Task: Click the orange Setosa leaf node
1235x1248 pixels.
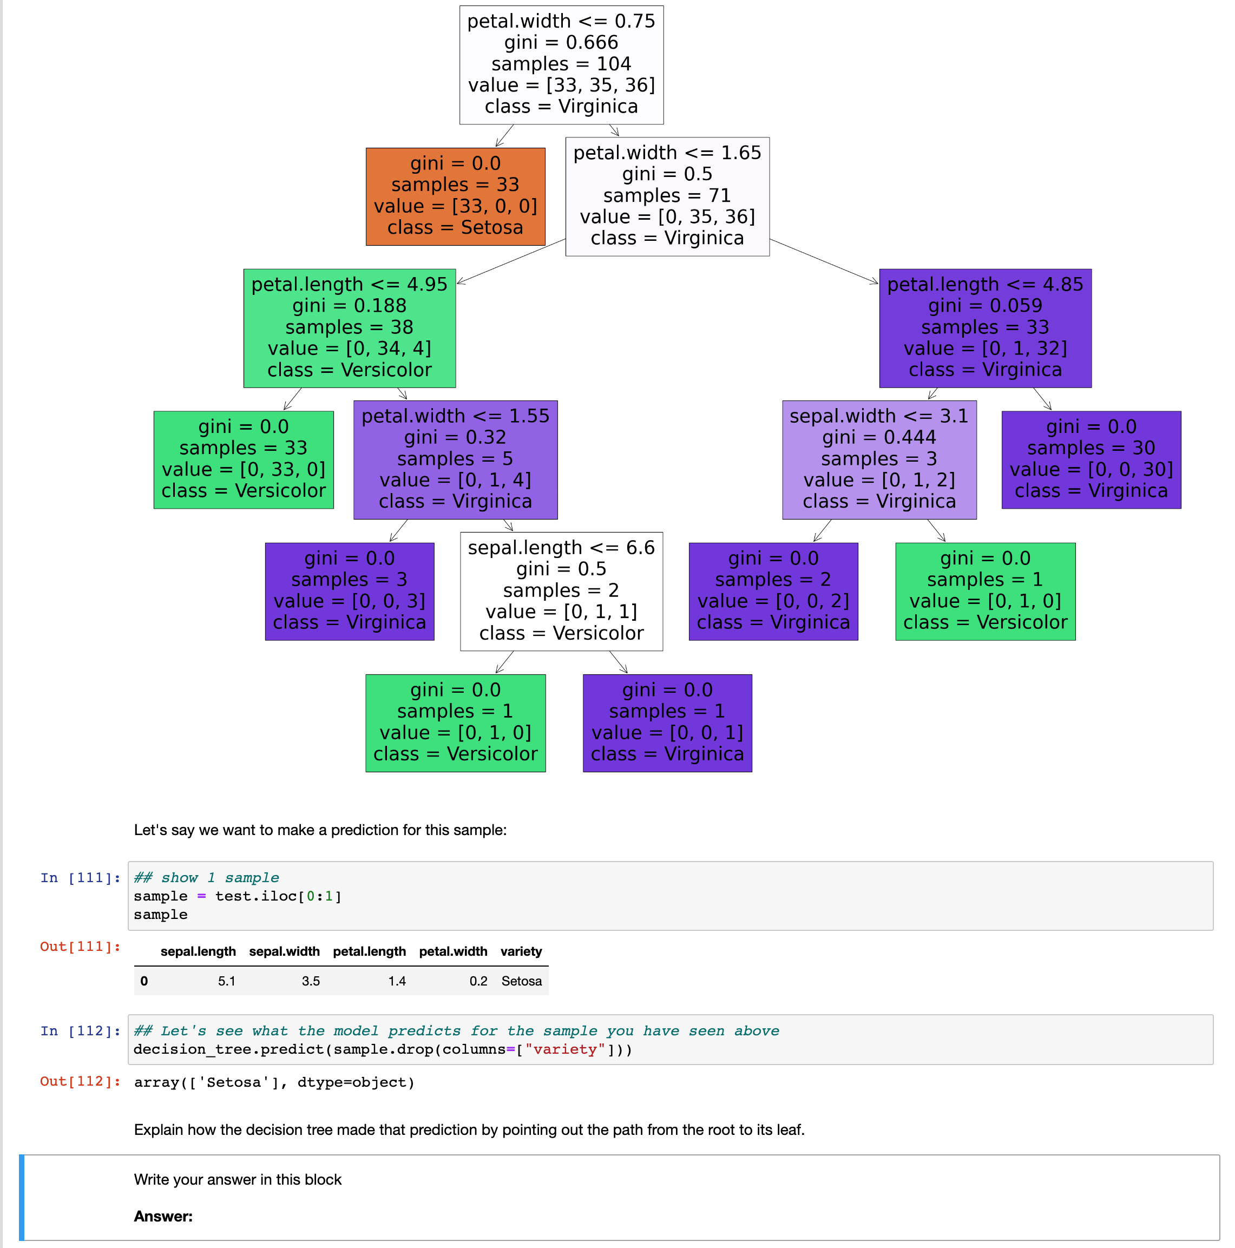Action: (x=455, y=196)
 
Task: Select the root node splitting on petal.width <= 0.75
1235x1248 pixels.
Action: (x=561, y=64)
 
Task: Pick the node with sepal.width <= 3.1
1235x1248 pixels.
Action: (x=878, y=459)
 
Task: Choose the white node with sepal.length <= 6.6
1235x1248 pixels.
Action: (x=561, y=590)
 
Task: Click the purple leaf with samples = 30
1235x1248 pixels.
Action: (x=1091, y=459)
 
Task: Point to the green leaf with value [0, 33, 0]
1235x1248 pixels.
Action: (x=243, y=459)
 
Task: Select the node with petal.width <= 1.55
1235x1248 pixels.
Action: (x=455, y=459)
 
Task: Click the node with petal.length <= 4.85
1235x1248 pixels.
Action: (x=984, y=327)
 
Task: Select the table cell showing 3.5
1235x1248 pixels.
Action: (x=310, y=981)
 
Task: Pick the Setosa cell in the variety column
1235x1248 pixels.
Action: (x=521, y=981)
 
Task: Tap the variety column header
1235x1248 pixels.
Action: (x=521, y=951)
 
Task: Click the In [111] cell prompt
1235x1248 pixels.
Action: (x=80, y=877)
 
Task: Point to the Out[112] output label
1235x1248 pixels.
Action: (x=80, y=1081)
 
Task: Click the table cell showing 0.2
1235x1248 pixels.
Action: (x=478, y=981)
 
